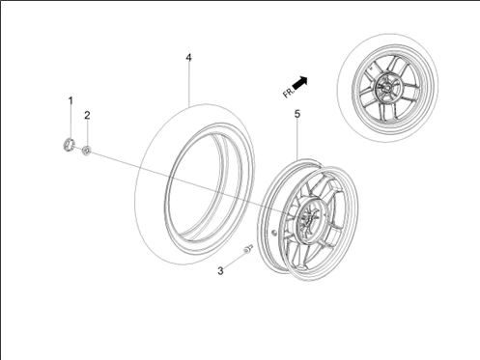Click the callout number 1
click(x=70, y=100)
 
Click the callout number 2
click(x=87, y=115)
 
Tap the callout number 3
click(x=220, y=271)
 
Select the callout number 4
click(x=189, y=58)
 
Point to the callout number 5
click(x=297, y=115)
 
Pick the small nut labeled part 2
click(x=87, y=150)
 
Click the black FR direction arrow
click(x=301, y=84)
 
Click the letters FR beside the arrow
click(x=287, y=95)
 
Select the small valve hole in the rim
click(x=276, y=233)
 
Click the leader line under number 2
click(x=87, y=132)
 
